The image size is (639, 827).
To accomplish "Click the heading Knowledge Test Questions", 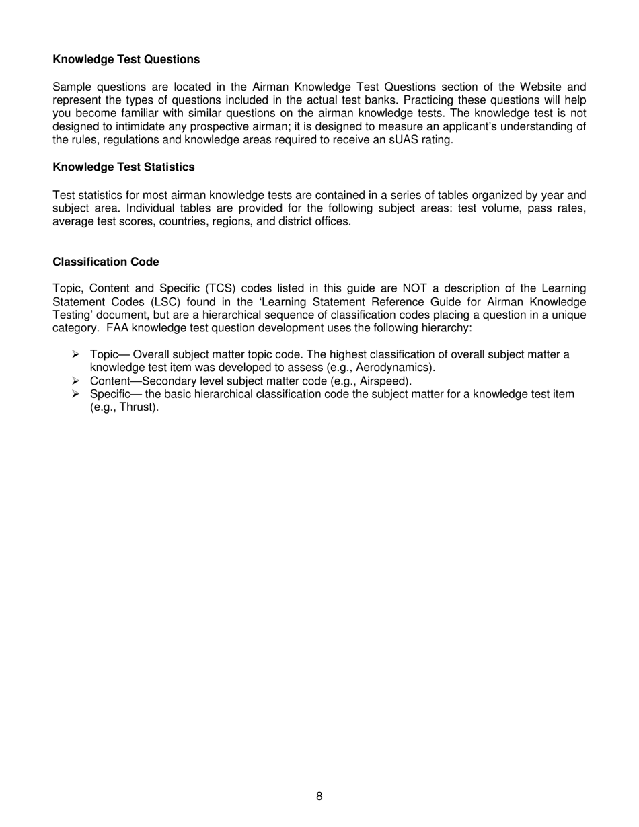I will tap(126, 60).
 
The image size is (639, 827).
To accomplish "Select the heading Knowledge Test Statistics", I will tap(124, 167).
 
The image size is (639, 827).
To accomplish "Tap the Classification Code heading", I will tap(106, 262).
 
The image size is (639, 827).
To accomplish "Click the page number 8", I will tap(319, 797).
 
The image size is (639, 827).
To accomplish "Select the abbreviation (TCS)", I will tap(217, 288).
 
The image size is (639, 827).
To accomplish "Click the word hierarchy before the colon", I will tap(450, 328).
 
